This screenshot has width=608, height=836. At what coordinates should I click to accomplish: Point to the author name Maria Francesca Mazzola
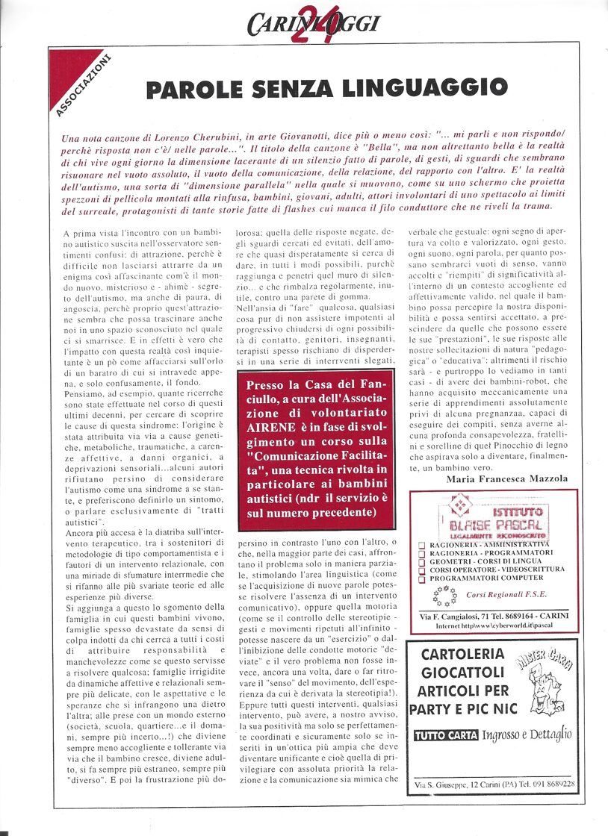(508, 478)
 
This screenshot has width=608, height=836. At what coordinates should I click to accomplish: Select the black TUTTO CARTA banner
(445, 735)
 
